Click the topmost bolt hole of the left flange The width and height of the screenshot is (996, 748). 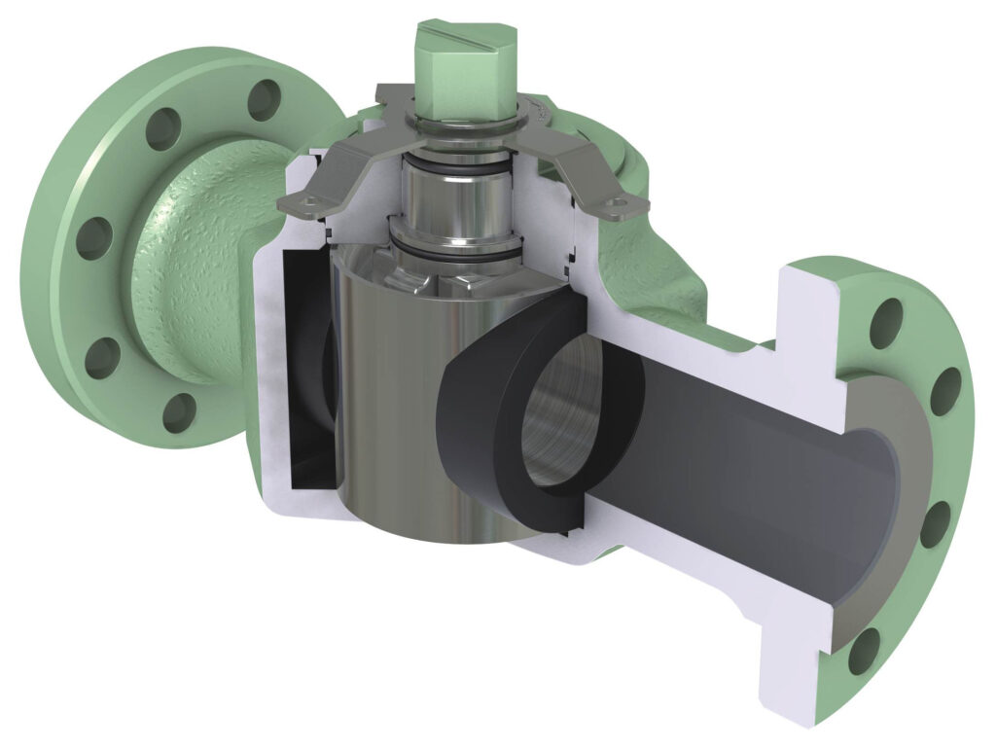pyautogui.click(x=264, y=97)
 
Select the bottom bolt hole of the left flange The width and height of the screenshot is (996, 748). pyautogui.click(x=178, y=413)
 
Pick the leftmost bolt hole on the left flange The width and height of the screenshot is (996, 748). pyautogui.click(x=94, y=237)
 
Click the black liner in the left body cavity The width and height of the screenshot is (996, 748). pyautogui.click(x=309, y=370)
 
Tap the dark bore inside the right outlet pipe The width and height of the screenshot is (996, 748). pyautogui.click(x=739, y=457)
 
